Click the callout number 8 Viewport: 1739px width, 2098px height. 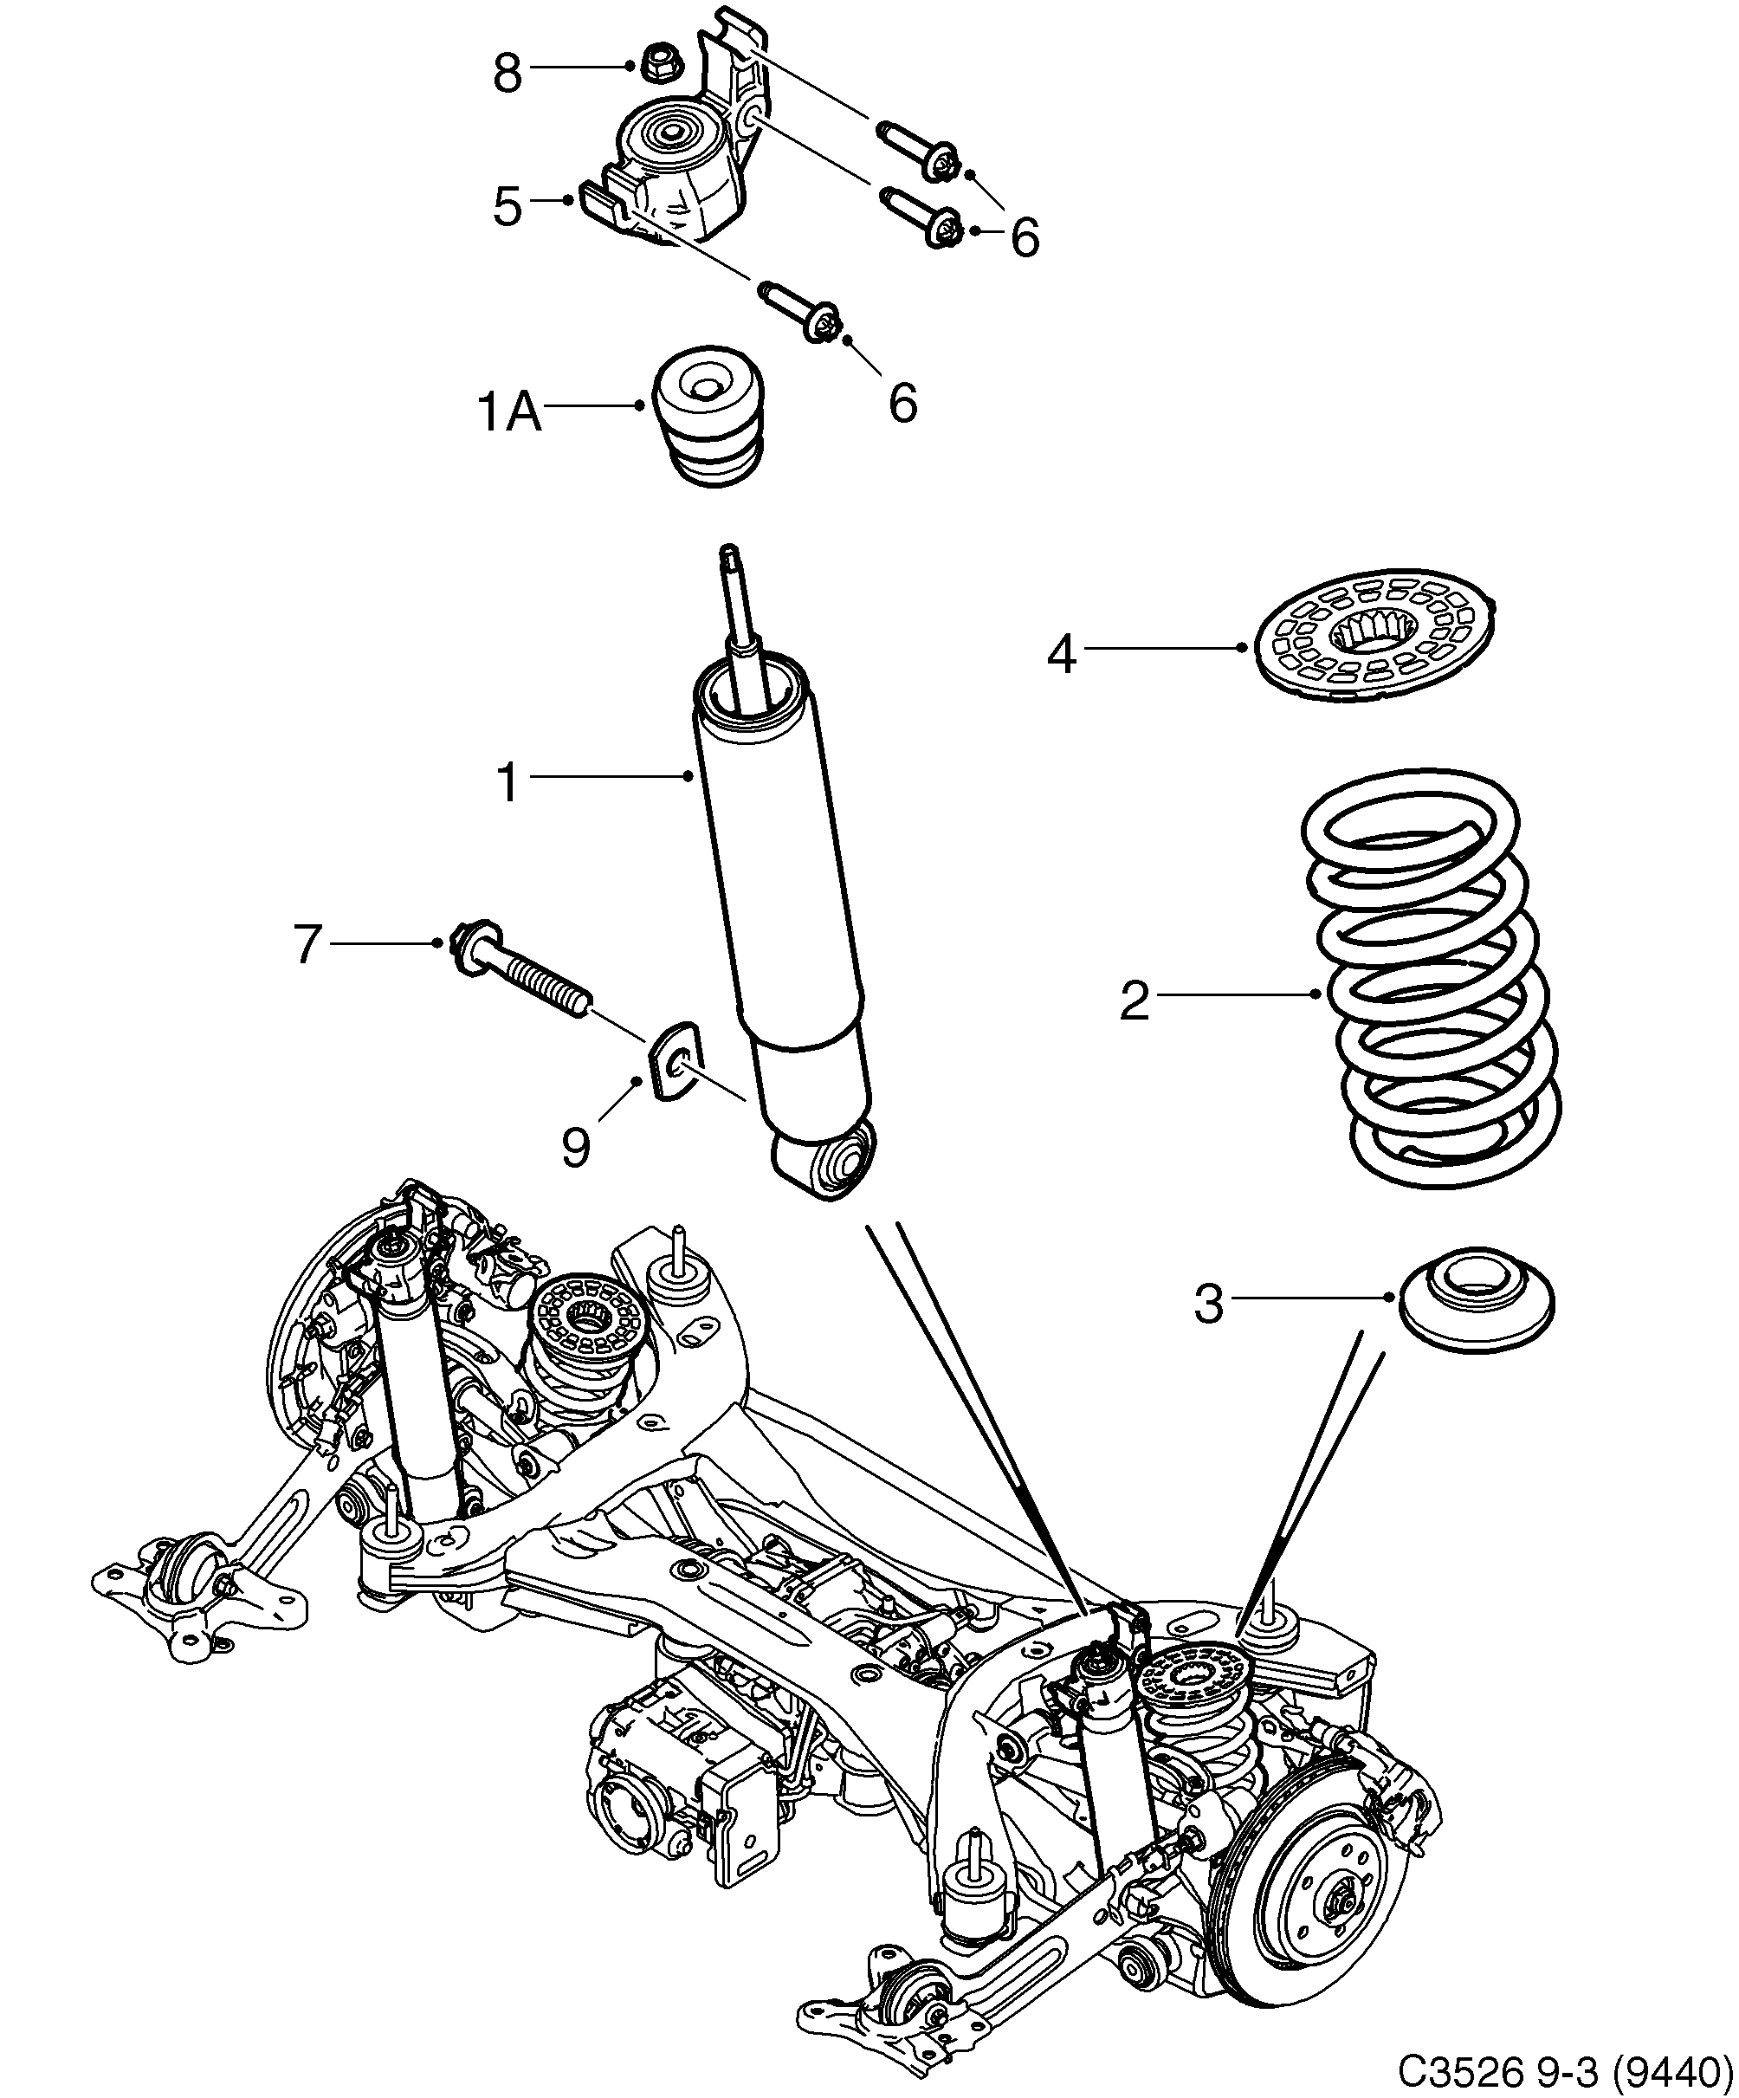507,73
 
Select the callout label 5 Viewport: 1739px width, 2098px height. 507,206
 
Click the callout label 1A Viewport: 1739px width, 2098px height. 510,411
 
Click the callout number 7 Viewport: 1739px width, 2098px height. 307,944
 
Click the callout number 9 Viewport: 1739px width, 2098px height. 575,1147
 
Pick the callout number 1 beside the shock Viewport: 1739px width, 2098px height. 508,782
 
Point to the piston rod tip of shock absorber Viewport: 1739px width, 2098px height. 730,555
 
